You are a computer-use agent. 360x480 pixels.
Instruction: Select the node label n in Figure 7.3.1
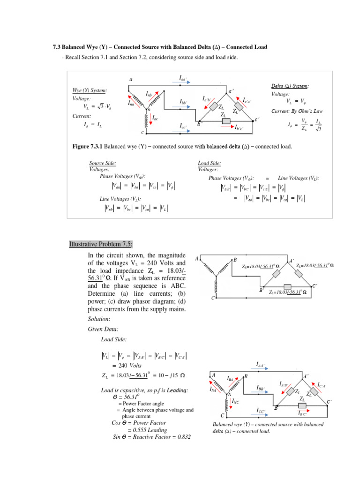pyautogui.click(x=148, y=110)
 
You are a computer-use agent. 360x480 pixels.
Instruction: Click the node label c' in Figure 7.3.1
pyautogui.click(x=256, y=119)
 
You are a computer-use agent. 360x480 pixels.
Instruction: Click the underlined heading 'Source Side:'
pyautogui.click(x=103, y=163)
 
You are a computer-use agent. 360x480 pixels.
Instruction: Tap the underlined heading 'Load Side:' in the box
pyautogui.click(x=210, y=163)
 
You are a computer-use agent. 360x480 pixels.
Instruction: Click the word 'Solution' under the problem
pyautogui.click(x=99, y=319)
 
